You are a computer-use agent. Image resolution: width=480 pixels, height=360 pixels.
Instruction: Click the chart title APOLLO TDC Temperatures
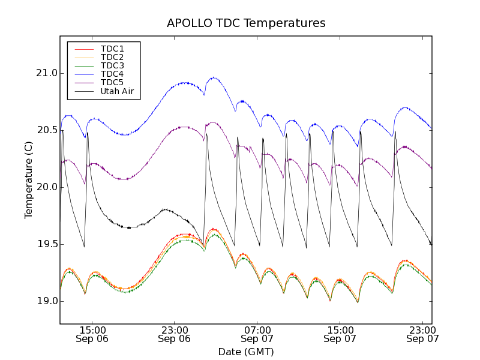[x=246, y=23]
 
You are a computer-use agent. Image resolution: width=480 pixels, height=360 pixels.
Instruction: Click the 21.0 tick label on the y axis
[x=45, y=73]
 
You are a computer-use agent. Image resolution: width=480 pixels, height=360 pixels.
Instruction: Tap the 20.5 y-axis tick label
[x=45, y=130]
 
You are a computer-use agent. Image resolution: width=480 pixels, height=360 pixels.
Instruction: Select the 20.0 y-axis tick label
[x=45, y=187]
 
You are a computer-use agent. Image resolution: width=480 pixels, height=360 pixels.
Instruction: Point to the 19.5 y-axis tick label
[x=45, y=244]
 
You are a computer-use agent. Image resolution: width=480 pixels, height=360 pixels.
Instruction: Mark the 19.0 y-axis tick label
[x=45, y=301]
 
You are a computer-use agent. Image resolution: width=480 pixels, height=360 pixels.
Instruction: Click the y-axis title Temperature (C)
[x=29, y=180]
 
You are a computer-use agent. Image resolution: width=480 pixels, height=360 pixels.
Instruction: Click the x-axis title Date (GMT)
[x=246, y=352]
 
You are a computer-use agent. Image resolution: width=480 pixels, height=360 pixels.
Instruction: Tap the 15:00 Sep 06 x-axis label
[x=92, y=334]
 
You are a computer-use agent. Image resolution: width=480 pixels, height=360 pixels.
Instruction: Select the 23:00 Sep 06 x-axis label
[x=175, y=334]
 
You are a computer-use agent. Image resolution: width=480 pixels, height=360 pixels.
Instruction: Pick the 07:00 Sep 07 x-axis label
[x=257, y=334]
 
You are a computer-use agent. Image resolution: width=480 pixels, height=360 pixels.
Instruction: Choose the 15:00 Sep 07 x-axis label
[x=340, y=334]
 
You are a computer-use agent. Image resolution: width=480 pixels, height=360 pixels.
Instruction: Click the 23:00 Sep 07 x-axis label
[x=422, y=334]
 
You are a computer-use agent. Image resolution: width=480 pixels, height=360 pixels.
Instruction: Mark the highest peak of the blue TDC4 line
[x=214, y=77]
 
